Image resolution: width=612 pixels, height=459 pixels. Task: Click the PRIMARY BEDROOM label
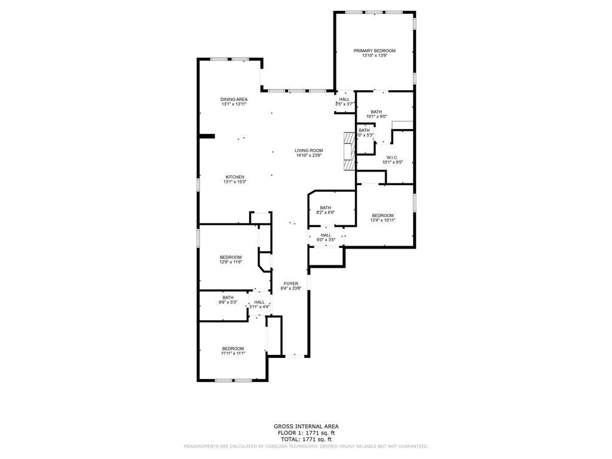coord(374,51)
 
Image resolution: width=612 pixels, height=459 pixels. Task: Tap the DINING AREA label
coord(234,99)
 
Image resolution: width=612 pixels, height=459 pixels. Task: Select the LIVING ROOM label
coord(309,151)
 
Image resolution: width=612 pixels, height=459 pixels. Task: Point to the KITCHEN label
coord(234,177)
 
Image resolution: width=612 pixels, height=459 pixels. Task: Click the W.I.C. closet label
coord(392,157)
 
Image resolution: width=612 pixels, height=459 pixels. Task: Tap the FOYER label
coord(291,283)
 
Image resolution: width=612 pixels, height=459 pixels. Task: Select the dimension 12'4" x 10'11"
coord(382,221)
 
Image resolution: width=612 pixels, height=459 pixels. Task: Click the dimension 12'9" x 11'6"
coord(231,262)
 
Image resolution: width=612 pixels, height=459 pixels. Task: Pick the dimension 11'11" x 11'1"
coord(233,354)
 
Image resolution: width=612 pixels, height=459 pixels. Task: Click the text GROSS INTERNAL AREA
coord(306,427)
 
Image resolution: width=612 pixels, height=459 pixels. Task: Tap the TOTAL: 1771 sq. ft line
coord(306,439)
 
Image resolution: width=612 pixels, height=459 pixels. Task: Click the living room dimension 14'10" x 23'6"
coord(309,155)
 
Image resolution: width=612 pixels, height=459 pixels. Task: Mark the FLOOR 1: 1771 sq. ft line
coord(306,433)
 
